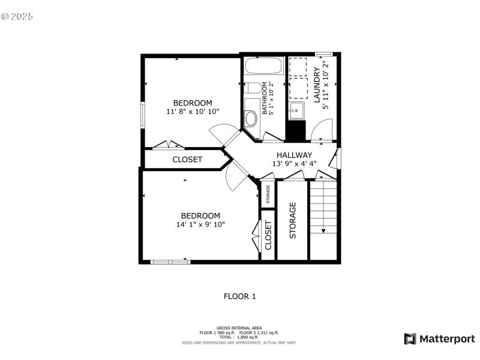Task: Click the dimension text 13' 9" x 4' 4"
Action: (294, 163)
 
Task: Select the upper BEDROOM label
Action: (193, 102)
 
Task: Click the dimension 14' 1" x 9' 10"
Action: (200, 224)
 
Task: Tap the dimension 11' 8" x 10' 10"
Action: (193, 111)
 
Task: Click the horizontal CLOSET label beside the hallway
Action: (187, 160)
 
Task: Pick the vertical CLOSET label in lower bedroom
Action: (268, 235)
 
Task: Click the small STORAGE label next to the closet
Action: (268, 194)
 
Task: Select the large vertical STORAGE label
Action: (293, 220)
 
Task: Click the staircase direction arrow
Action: (323, 230)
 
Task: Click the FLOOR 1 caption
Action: (239, 296)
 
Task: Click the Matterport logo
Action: (439, 339)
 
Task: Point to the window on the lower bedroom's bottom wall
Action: (170, 261)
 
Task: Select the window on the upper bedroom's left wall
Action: (143, 115)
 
